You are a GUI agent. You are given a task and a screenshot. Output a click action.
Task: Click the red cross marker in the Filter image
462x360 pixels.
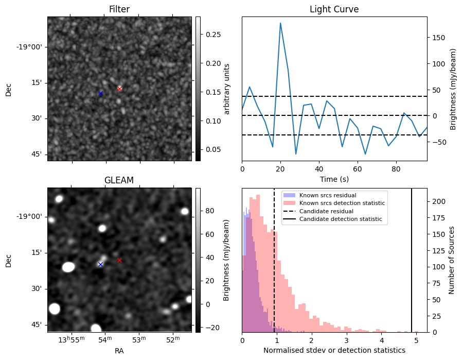(x=119, y=89)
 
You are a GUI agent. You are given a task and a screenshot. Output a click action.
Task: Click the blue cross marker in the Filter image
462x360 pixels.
(x=100, y=93)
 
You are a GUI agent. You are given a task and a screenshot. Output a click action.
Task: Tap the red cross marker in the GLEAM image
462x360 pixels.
(x=119, y=260)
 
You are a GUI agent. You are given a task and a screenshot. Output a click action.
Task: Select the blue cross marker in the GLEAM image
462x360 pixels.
(x=100, y=264)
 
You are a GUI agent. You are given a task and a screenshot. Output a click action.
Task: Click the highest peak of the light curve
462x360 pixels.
(x=280, y=23)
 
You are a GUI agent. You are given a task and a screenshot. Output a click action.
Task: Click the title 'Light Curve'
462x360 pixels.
(x=334, y=9)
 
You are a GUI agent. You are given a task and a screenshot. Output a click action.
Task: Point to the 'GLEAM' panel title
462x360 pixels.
(x=119, y=180)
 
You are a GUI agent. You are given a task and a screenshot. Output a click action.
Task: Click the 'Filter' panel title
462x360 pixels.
(x=119, y=9)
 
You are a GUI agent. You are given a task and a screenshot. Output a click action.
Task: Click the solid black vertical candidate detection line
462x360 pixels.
(x=412, y=260)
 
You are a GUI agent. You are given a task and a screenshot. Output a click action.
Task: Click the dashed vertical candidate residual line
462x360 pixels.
(x=274, y=260)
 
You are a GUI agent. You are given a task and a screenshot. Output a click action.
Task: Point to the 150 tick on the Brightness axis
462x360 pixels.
(x=436, y=38)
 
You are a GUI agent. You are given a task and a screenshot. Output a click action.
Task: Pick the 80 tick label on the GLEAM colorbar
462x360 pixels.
(x=204, y=211)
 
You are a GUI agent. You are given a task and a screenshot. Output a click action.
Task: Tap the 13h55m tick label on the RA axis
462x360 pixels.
(x=71, y=340)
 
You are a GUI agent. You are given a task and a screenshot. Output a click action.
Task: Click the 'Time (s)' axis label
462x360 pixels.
(x=334, y=178)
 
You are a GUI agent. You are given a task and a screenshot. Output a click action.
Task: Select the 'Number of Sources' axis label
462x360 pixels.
(x=452, y=260)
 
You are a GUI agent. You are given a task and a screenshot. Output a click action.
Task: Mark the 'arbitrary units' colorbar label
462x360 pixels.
(x=227, y=89)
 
